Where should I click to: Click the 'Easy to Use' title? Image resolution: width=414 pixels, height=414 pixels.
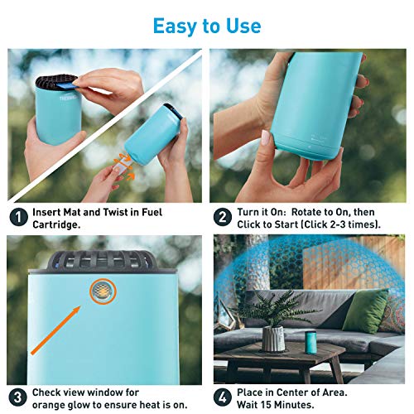pyautogui.click(x=206, y=25)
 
